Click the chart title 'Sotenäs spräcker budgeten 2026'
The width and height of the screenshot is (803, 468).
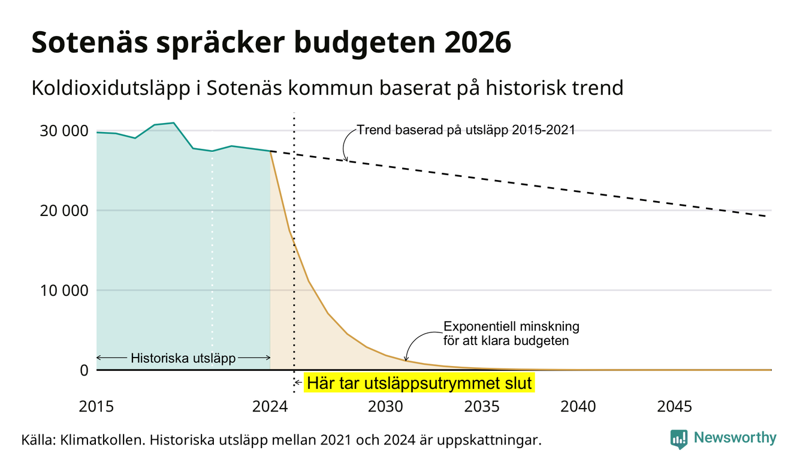pos(271,43)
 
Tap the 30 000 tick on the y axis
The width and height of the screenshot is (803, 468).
pos(64,131)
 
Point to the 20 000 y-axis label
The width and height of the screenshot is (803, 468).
pos(64,211)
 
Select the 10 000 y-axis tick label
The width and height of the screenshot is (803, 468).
pos(64,290)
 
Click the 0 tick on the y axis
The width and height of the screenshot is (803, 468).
pos(84,370)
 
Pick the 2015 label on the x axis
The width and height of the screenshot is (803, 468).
pos(96,407)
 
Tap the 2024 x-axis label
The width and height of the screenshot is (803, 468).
pos(270,407)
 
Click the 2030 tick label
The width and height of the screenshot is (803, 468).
pos(386,407)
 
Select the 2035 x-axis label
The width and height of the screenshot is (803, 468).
pos(482,407)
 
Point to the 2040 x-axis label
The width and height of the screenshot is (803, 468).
pos(578,407)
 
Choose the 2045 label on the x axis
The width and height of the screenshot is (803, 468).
pos(674,407)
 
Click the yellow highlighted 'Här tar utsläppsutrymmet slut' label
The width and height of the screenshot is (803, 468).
pos(419,383)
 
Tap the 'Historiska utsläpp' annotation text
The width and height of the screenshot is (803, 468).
pos(183,358)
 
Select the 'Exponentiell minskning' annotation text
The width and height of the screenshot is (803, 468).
pos(512,326)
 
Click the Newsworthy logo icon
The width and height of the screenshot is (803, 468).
pos(679,439)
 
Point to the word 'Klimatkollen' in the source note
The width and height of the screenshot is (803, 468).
pos(102,440)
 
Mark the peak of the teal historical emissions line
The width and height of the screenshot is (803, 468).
pos(174,123)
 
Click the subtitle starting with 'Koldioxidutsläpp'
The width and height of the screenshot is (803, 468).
pos(328,88)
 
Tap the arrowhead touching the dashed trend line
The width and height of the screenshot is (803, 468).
pos(346,158)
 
